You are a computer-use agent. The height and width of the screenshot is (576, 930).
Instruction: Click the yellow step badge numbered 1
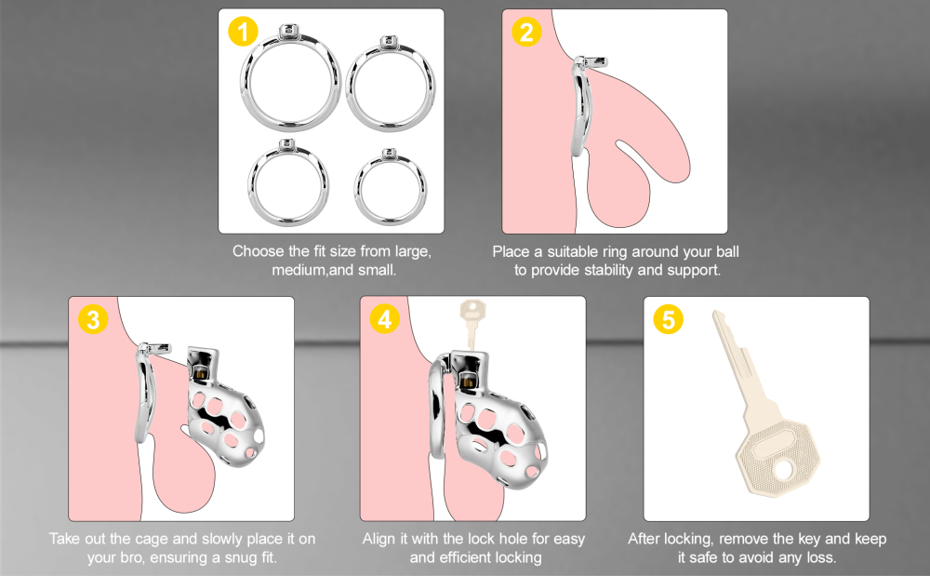(243, 32)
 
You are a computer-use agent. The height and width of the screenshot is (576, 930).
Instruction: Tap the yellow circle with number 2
(526, 32)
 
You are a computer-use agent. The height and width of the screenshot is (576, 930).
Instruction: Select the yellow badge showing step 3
(92, 319)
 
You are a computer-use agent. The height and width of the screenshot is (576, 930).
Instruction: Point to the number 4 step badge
(383, 319)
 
